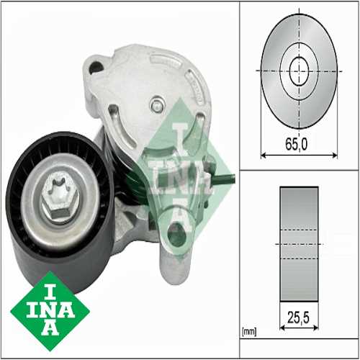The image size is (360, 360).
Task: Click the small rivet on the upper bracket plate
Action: tap(156, 105)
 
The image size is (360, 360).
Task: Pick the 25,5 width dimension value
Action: tap(299, 315)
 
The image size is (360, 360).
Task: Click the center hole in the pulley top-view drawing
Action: tap(298, 71)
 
